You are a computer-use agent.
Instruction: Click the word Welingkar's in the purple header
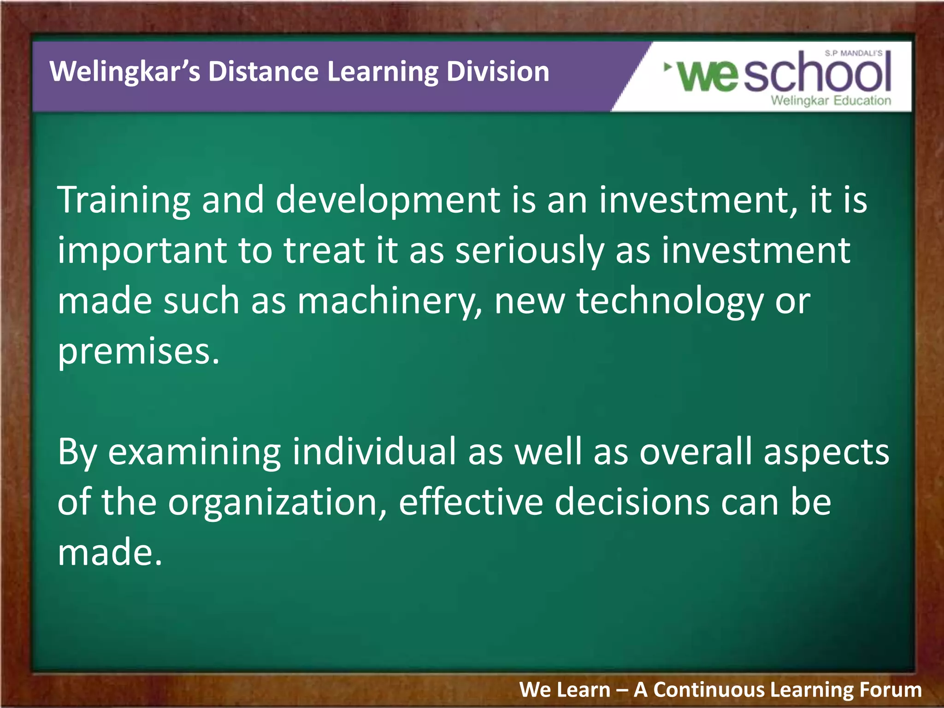[x=124, y=72]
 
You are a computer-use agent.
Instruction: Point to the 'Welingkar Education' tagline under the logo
[x=831, y=100]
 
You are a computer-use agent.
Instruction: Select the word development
[x=387, y=201]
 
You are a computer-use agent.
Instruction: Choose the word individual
[x=374, y=452]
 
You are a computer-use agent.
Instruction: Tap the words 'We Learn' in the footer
[x=565, y=690]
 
